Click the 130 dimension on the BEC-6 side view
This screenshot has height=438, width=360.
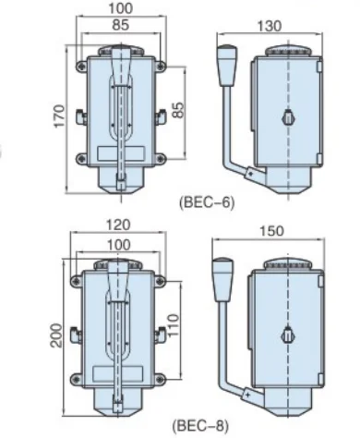(x=270, y=27)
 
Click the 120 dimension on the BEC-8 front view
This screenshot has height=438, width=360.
(x=118, y=225)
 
